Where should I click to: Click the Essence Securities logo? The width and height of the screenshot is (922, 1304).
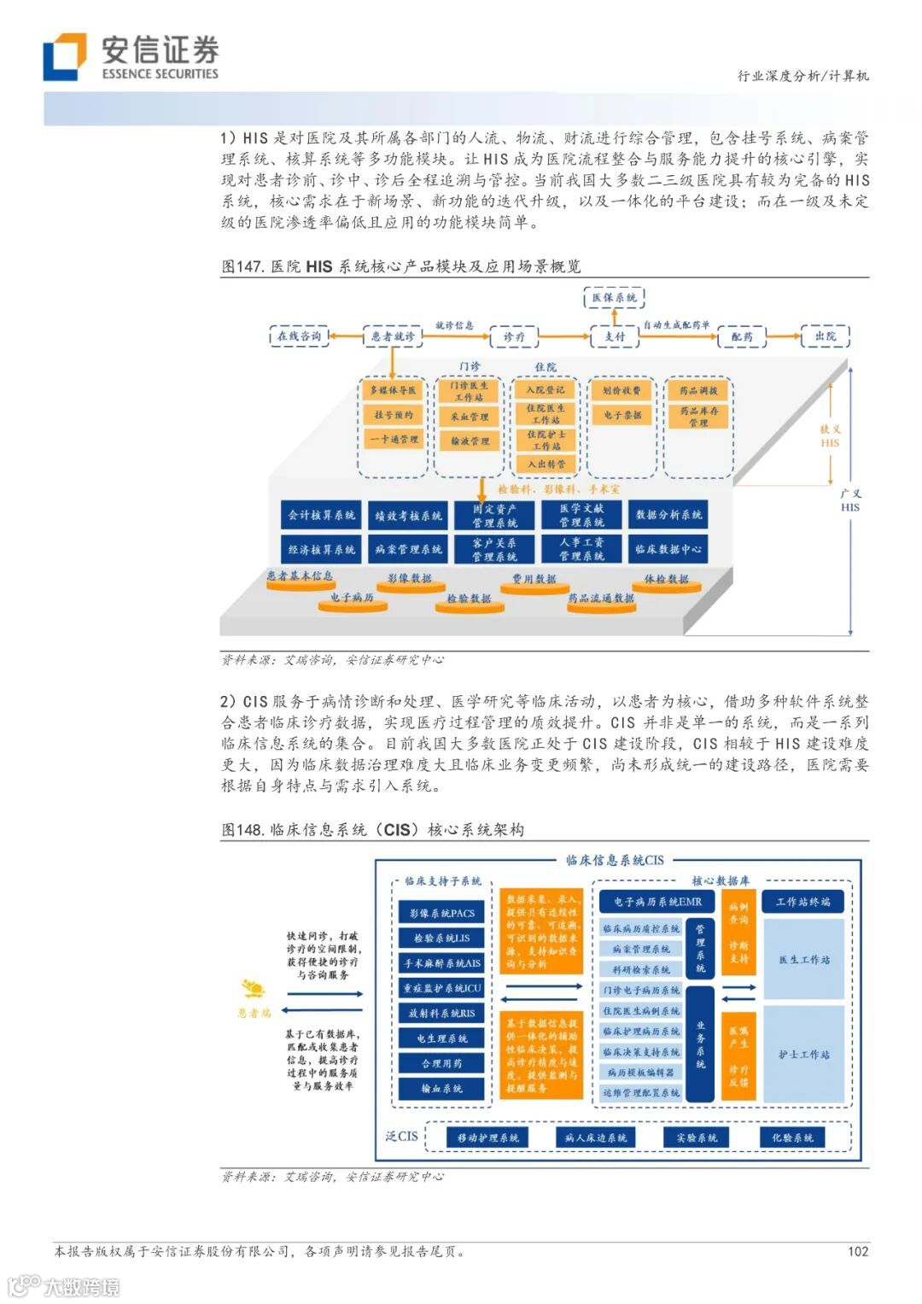(x=131, y=57)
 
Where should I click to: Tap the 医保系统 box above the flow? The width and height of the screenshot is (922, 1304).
(x=615, y=298)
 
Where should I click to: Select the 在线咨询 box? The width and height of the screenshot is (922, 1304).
(x=299, y=336)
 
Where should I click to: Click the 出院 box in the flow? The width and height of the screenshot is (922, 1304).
(x=826, y=336)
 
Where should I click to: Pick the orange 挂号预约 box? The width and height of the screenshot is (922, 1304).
(x=393, y=415)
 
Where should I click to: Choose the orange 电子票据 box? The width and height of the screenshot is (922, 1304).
(x=621, y=415)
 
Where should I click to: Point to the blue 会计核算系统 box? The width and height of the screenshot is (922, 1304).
(x=321, y=515)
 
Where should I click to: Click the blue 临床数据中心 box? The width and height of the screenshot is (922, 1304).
(x=668, y=549)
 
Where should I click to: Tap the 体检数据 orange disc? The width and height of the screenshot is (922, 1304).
(x=666, y=580)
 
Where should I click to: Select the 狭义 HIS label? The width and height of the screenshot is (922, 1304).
(x=830, y=436)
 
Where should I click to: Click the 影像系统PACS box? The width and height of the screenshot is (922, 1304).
(x=441, y=913)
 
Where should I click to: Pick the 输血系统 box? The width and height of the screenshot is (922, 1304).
(x=441, y=1089)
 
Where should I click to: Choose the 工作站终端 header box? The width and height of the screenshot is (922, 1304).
(x=802, y=902)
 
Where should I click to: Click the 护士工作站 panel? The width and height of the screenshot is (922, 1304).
(x=803, y=1055)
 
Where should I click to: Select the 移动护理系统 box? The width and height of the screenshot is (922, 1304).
(x=487, y=1137)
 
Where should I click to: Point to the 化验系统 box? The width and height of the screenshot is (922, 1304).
(x=792, y=1137)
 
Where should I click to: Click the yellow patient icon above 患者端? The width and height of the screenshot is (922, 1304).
(x=254, y=989)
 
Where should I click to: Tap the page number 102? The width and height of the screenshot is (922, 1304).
(x=858, y=1251)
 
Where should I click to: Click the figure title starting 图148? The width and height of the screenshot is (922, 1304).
(x=373, y=829)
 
